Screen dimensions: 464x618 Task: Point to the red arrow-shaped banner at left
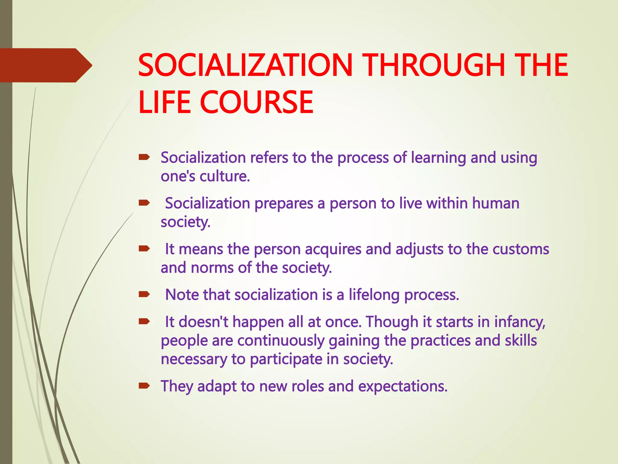tap(45, 65)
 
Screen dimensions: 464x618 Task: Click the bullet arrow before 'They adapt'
tap(144, 385)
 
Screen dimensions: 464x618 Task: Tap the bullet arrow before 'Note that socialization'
tap(144, 294)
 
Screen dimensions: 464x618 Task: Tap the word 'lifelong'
tap(374, 295)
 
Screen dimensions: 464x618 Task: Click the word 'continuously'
tap(280, 341)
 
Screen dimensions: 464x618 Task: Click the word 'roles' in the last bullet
tap(307, 386)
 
